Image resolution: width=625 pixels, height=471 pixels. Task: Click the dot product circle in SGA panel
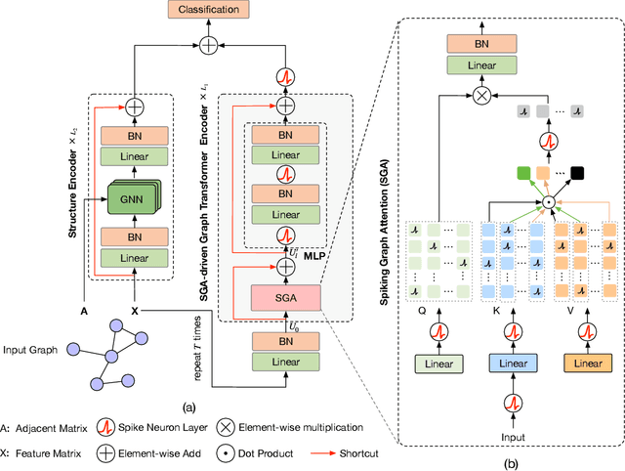[549, 203]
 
